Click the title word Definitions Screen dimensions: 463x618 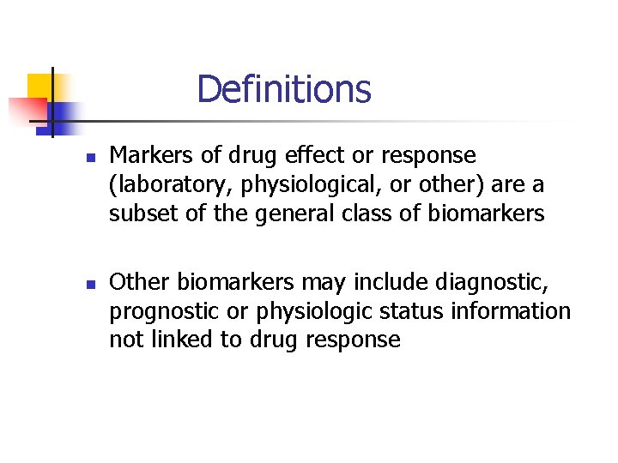[283, 89]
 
